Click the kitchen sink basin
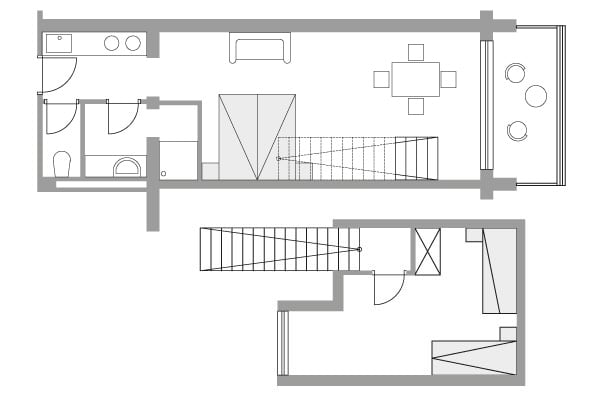59,43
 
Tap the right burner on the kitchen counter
132,43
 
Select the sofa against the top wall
260,47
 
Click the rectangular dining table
415,78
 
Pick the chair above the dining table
416,52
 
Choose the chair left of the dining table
382,78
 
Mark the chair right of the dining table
449,78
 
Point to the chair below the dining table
416,105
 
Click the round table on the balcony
536,96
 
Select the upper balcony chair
516,72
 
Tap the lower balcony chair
516,129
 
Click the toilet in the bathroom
61,163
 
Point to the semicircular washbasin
128,165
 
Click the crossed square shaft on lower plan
427,250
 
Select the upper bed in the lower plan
497,270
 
